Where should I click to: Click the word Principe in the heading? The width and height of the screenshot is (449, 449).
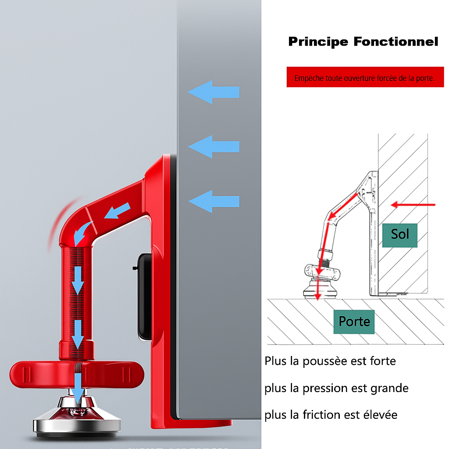coord(318,42)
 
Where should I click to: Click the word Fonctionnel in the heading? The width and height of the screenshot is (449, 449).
coord(396,42)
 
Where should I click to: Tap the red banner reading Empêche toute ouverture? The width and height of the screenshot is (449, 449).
coord(365,77)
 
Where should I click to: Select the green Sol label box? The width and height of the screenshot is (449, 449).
coord(400,235)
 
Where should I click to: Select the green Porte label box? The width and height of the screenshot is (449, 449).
coord(354,322)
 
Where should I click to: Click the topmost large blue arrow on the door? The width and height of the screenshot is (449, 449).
coord(214,92)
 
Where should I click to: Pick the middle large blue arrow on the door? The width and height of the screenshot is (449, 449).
coord(214,146)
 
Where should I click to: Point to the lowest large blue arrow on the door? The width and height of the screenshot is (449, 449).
coord(214,201)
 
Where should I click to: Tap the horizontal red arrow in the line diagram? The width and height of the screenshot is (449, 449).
coord(413,205)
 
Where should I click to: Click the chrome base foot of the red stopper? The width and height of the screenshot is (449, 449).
coord(77,417)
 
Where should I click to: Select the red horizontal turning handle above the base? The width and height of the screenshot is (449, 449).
coord(77,374)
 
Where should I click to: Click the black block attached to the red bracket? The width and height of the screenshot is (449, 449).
coord(144,297)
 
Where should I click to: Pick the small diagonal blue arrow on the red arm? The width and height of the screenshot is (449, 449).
coord(118,211)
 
